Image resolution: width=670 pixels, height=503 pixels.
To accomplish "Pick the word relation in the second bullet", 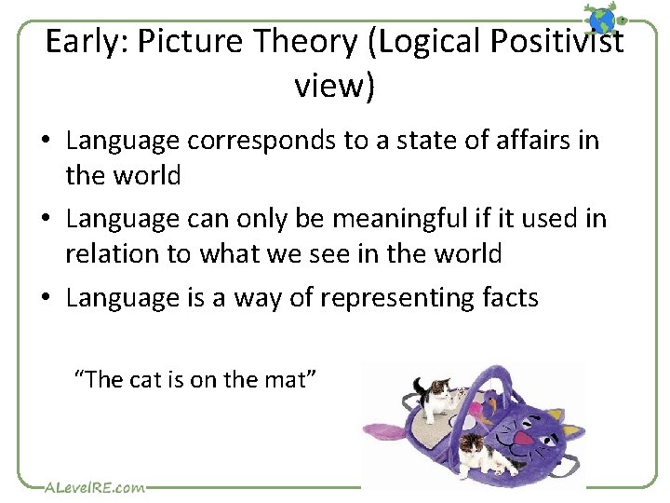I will (102, 252).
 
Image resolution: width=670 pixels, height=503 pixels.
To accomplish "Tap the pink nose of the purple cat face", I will (523, 438).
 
